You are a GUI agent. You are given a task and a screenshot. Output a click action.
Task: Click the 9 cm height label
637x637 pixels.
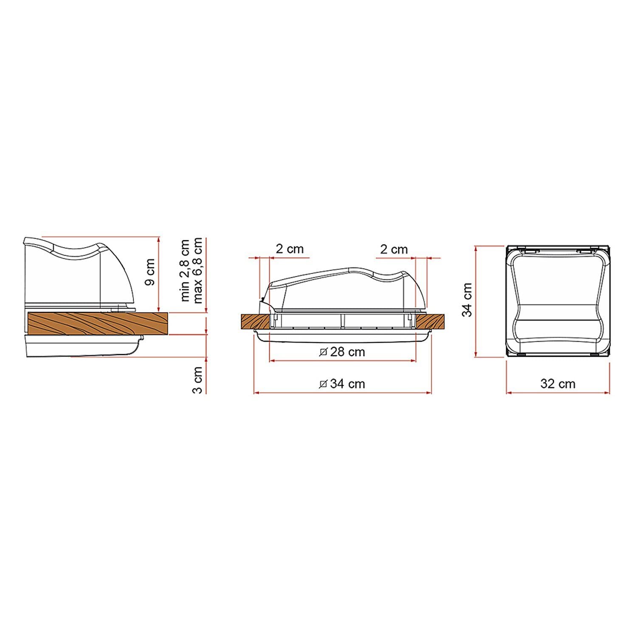(x=150, y=272)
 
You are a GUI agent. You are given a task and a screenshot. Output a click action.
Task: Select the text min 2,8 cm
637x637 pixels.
(x=185, y=271)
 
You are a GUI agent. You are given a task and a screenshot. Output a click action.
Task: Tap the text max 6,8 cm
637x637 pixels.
(x=198, y=271)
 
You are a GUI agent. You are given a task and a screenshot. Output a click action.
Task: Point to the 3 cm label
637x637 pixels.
(x=197, y=380)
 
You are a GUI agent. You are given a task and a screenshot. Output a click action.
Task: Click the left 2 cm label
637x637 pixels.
(x=290, y=249)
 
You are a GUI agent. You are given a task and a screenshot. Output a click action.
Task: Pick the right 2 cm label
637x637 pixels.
(x=394, y=249)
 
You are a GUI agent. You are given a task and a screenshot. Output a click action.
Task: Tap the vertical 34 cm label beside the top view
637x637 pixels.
(x=468, y=300)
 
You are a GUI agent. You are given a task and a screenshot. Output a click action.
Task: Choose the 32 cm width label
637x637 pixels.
(x=558, y=383)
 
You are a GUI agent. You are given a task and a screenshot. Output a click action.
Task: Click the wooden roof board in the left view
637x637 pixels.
(x=98, y=323)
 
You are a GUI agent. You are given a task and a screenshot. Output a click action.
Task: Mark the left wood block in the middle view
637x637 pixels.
(x=255, y=321)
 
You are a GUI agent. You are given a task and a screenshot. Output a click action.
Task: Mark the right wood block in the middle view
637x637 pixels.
(x=430, y=321)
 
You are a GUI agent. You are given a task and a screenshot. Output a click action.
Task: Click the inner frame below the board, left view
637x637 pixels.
(x=81, y=345)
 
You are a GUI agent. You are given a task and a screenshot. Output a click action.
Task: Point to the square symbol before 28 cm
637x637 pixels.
(x=323, y=352)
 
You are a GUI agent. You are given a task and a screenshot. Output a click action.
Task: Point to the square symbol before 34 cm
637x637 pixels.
(x=323, y=384)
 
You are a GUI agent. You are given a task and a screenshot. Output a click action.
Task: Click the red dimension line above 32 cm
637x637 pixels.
(x=558, y=393)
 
